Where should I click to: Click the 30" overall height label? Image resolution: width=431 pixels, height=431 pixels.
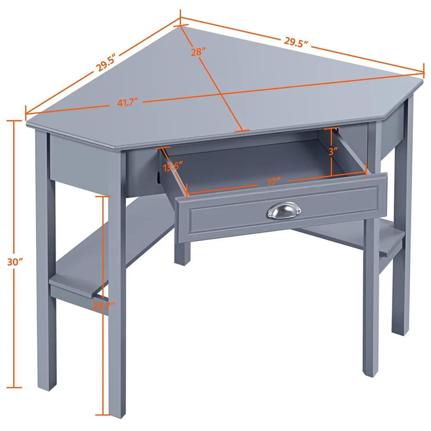pos(15,261)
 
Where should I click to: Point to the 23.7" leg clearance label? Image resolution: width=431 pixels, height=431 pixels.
pos(103,306)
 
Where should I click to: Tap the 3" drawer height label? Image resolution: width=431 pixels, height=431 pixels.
pos(332,152)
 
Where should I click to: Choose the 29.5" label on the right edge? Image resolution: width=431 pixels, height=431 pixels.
pos(297,41)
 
